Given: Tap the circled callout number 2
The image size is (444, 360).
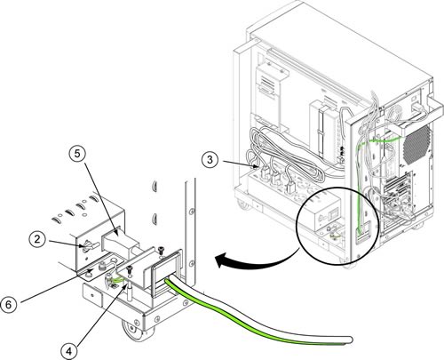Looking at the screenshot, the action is point(37,239).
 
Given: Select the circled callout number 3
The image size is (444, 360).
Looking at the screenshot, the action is point(210,160).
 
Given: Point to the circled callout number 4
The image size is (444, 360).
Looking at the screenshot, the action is point(69,351).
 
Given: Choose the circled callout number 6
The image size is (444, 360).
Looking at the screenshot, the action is point(9,304).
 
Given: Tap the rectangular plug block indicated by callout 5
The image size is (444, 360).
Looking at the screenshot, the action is point(118,242).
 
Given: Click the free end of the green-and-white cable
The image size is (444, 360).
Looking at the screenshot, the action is point(349,340).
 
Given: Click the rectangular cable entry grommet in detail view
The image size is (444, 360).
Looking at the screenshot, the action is point(166,271).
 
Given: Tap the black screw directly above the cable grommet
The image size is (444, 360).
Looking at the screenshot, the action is point(161,250).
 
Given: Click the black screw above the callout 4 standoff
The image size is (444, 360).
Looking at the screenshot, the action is point(130,269).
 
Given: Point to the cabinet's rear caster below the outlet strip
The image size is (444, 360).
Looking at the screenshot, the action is point(242,205).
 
